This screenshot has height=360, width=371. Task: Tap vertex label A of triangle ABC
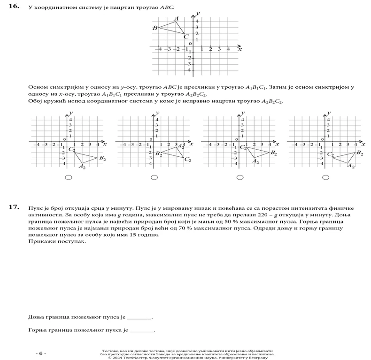click(176, 18)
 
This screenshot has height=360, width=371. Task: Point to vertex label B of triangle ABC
click(155, 28)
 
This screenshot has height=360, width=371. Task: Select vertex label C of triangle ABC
click(186, 36)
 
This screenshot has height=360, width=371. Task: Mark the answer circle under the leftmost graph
click(69, 177)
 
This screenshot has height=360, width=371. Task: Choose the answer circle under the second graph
click(154, 177)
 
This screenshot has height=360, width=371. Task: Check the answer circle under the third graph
click(240, 177)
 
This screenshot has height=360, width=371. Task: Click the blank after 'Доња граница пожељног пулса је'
click(139, 317)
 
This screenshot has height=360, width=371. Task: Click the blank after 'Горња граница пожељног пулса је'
click(141, 330)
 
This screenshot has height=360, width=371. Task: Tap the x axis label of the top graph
click(240, 48)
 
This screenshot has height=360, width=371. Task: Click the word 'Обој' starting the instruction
click(35, 101)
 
